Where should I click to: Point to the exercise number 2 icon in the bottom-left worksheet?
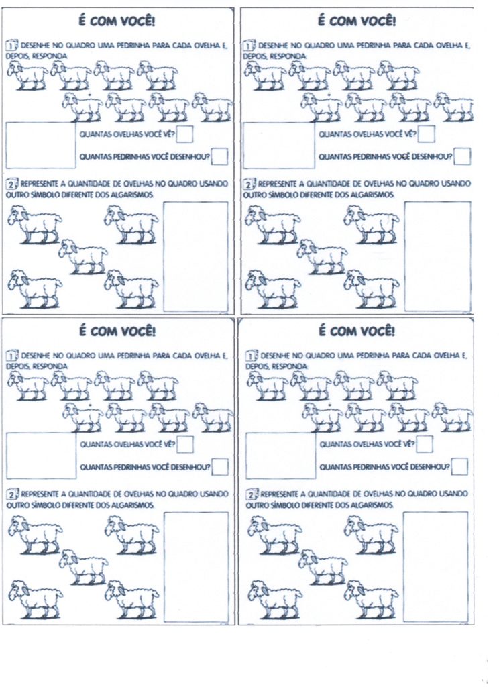pyautogui.click(x=11, y=494)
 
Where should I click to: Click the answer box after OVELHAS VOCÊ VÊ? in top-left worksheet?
pyautogui.click(x=185, y=134)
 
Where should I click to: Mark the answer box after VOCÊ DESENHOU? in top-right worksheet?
pyautogui.click(x=461, y=157)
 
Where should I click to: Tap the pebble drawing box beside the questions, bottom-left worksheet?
pyautogui.click(x=41, y=455)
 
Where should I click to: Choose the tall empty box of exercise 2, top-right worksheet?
pyautogui.click(x=437, y=256)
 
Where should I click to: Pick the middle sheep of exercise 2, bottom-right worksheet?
pyautogui.click(x=323, y=566)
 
